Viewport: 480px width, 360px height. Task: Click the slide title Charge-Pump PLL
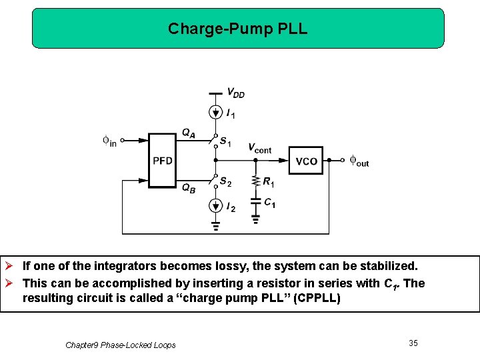pos(238,29)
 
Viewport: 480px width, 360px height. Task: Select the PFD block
pos(162,161)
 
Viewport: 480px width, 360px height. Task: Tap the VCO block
pos(306,161)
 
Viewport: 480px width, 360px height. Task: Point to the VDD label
pos(235,93)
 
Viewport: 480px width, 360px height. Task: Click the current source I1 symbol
pos(215,113)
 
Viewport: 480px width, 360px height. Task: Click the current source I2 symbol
pos(215,206)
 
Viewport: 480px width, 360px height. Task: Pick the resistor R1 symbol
pos(255,182)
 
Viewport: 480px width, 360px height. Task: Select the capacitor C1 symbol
pos(255,200)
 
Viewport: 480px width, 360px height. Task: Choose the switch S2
pos(215,181)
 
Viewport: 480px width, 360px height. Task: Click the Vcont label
pos(259,149)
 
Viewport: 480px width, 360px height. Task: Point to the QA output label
pos(189,133)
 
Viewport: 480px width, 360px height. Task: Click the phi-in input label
pos(109,141)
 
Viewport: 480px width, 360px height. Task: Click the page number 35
pos(413,343)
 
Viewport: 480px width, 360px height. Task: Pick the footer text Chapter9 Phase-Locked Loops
pos(121,345)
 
